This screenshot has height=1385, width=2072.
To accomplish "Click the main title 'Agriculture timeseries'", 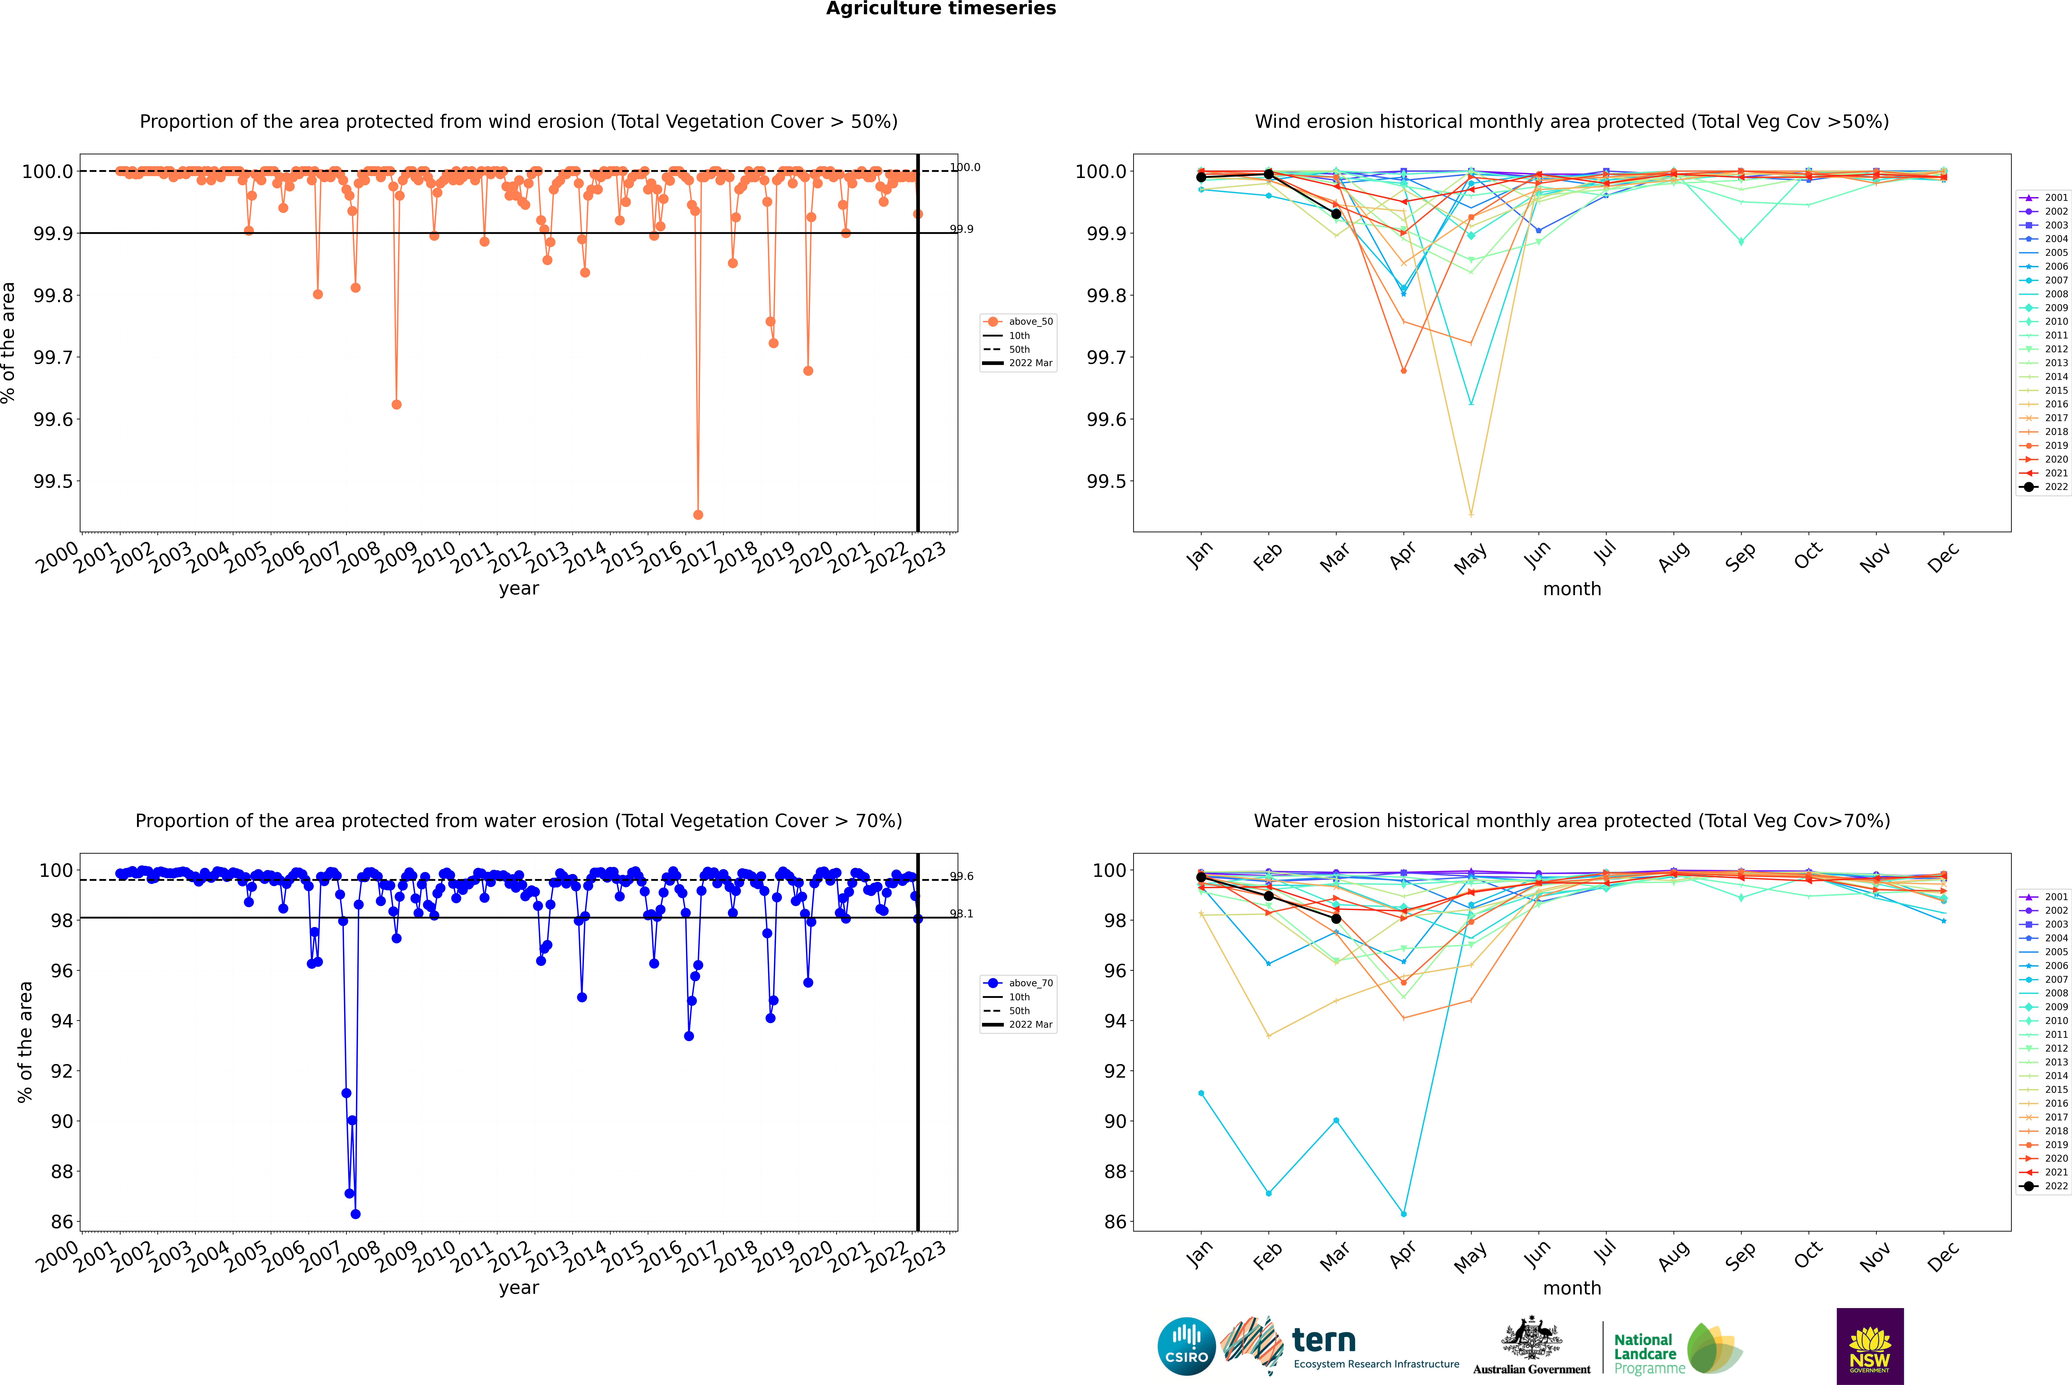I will point(941,9).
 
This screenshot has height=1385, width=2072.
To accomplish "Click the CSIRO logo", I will point(1186,1346).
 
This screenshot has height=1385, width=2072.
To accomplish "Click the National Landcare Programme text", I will point(1645,1353).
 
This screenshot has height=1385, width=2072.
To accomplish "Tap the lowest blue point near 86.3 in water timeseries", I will point(355,1214).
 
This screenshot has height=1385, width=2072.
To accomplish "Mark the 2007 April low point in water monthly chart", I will point(1403,1214).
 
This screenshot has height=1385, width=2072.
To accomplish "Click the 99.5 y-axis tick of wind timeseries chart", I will point(53,481).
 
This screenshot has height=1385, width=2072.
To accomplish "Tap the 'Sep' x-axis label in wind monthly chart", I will point(1740,556).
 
